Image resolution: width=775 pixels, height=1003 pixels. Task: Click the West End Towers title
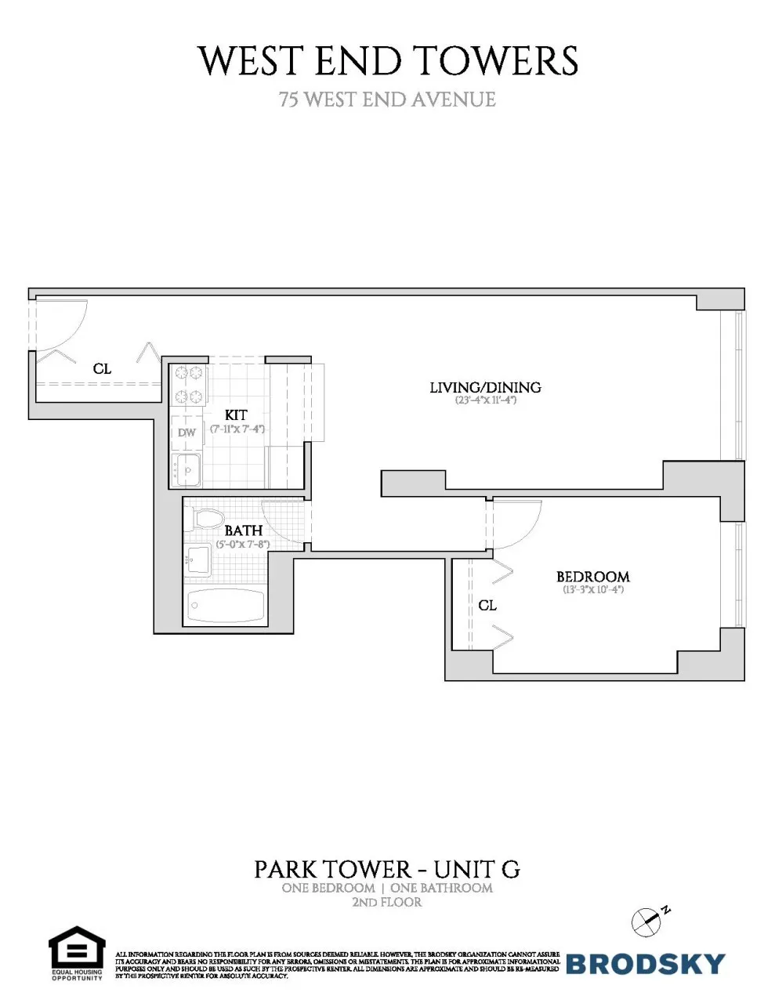pos(388,61)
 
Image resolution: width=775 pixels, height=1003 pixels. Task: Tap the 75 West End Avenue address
pos(388,100)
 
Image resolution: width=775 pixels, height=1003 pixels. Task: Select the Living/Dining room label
pos(485,387)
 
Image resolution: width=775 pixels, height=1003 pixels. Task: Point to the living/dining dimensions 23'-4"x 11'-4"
pos(485,400)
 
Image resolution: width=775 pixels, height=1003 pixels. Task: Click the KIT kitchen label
pos(236,415)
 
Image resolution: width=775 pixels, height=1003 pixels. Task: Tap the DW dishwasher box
pos(187,433)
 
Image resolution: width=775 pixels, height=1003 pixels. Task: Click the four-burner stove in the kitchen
pos(189,385)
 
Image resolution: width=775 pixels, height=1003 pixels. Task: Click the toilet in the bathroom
pos(205,518)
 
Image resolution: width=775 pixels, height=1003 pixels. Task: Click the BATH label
pos(243,530)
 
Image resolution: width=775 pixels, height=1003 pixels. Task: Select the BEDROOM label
pos(592,577)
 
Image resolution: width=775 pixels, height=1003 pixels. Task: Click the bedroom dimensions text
pos(592,590)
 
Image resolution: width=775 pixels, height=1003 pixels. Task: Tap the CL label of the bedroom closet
pos(487,606)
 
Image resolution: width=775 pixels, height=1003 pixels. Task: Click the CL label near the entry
pos(102,368)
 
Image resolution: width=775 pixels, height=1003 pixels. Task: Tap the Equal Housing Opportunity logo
pos(77,952)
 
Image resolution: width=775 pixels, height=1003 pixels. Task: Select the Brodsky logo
pos(645,964)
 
